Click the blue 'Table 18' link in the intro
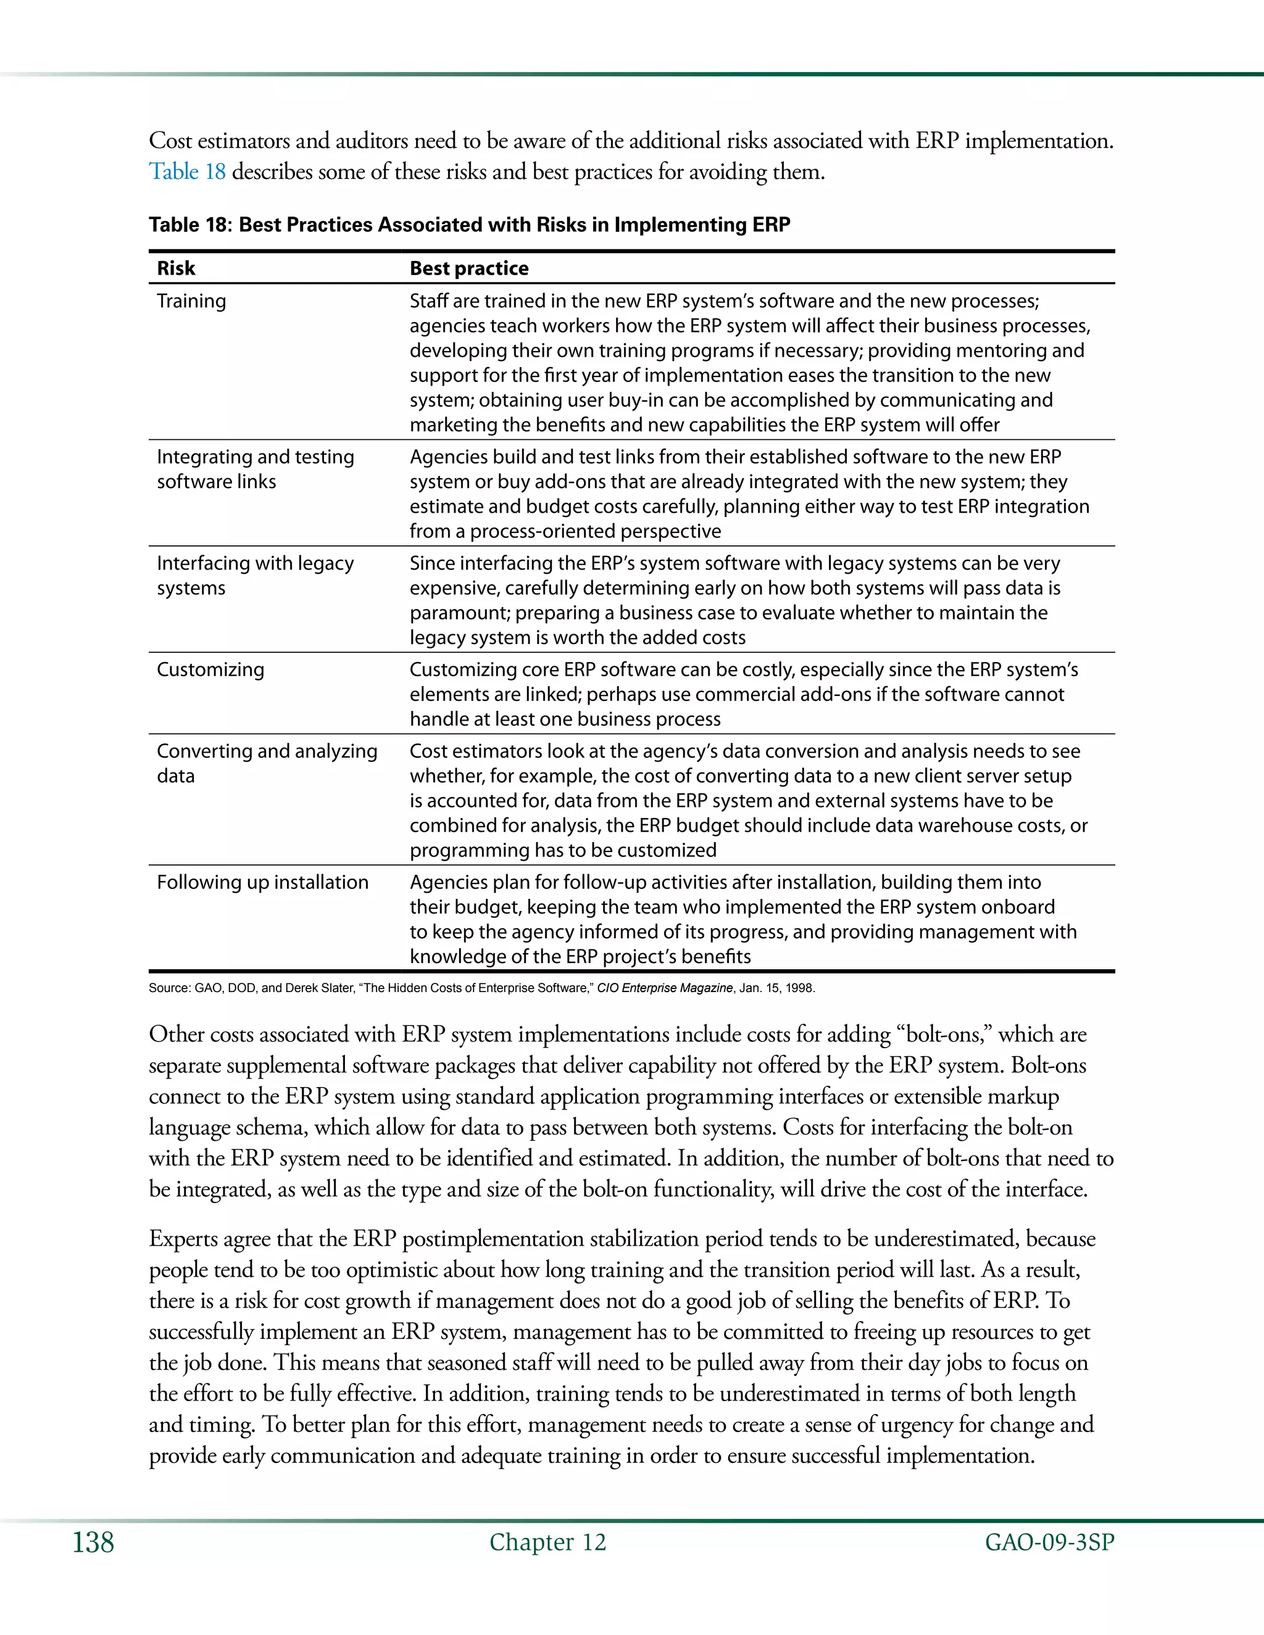point(187,172)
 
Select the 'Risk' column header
point(176,268)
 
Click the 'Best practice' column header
point(469,268)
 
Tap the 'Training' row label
point(191,301)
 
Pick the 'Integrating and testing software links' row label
point(255,469)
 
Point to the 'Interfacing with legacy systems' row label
point(255,575)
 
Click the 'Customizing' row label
point(210,669)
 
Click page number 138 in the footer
point(94,1543)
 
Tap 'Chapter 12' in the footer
point(547,1542)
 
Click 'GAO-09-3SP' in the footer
point(1049,1542)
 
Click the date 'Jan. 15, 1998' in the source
point(776,988)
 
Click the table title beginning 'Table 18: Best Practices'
point(470,225)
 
